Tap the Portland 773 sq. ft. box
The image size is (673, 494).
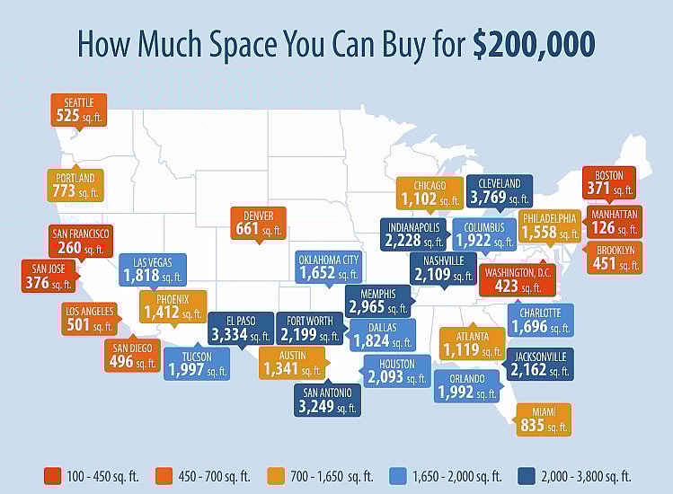74,185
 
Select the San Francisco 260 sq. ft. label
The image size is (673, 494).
80,240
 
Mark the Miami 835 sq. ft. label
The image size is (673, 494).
544,419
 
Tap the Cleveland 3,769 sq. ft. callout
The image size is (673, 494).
499,191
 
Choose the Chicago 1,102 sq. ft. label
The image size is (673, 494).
429,193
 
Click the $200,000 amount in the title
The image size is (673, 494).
535,44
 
